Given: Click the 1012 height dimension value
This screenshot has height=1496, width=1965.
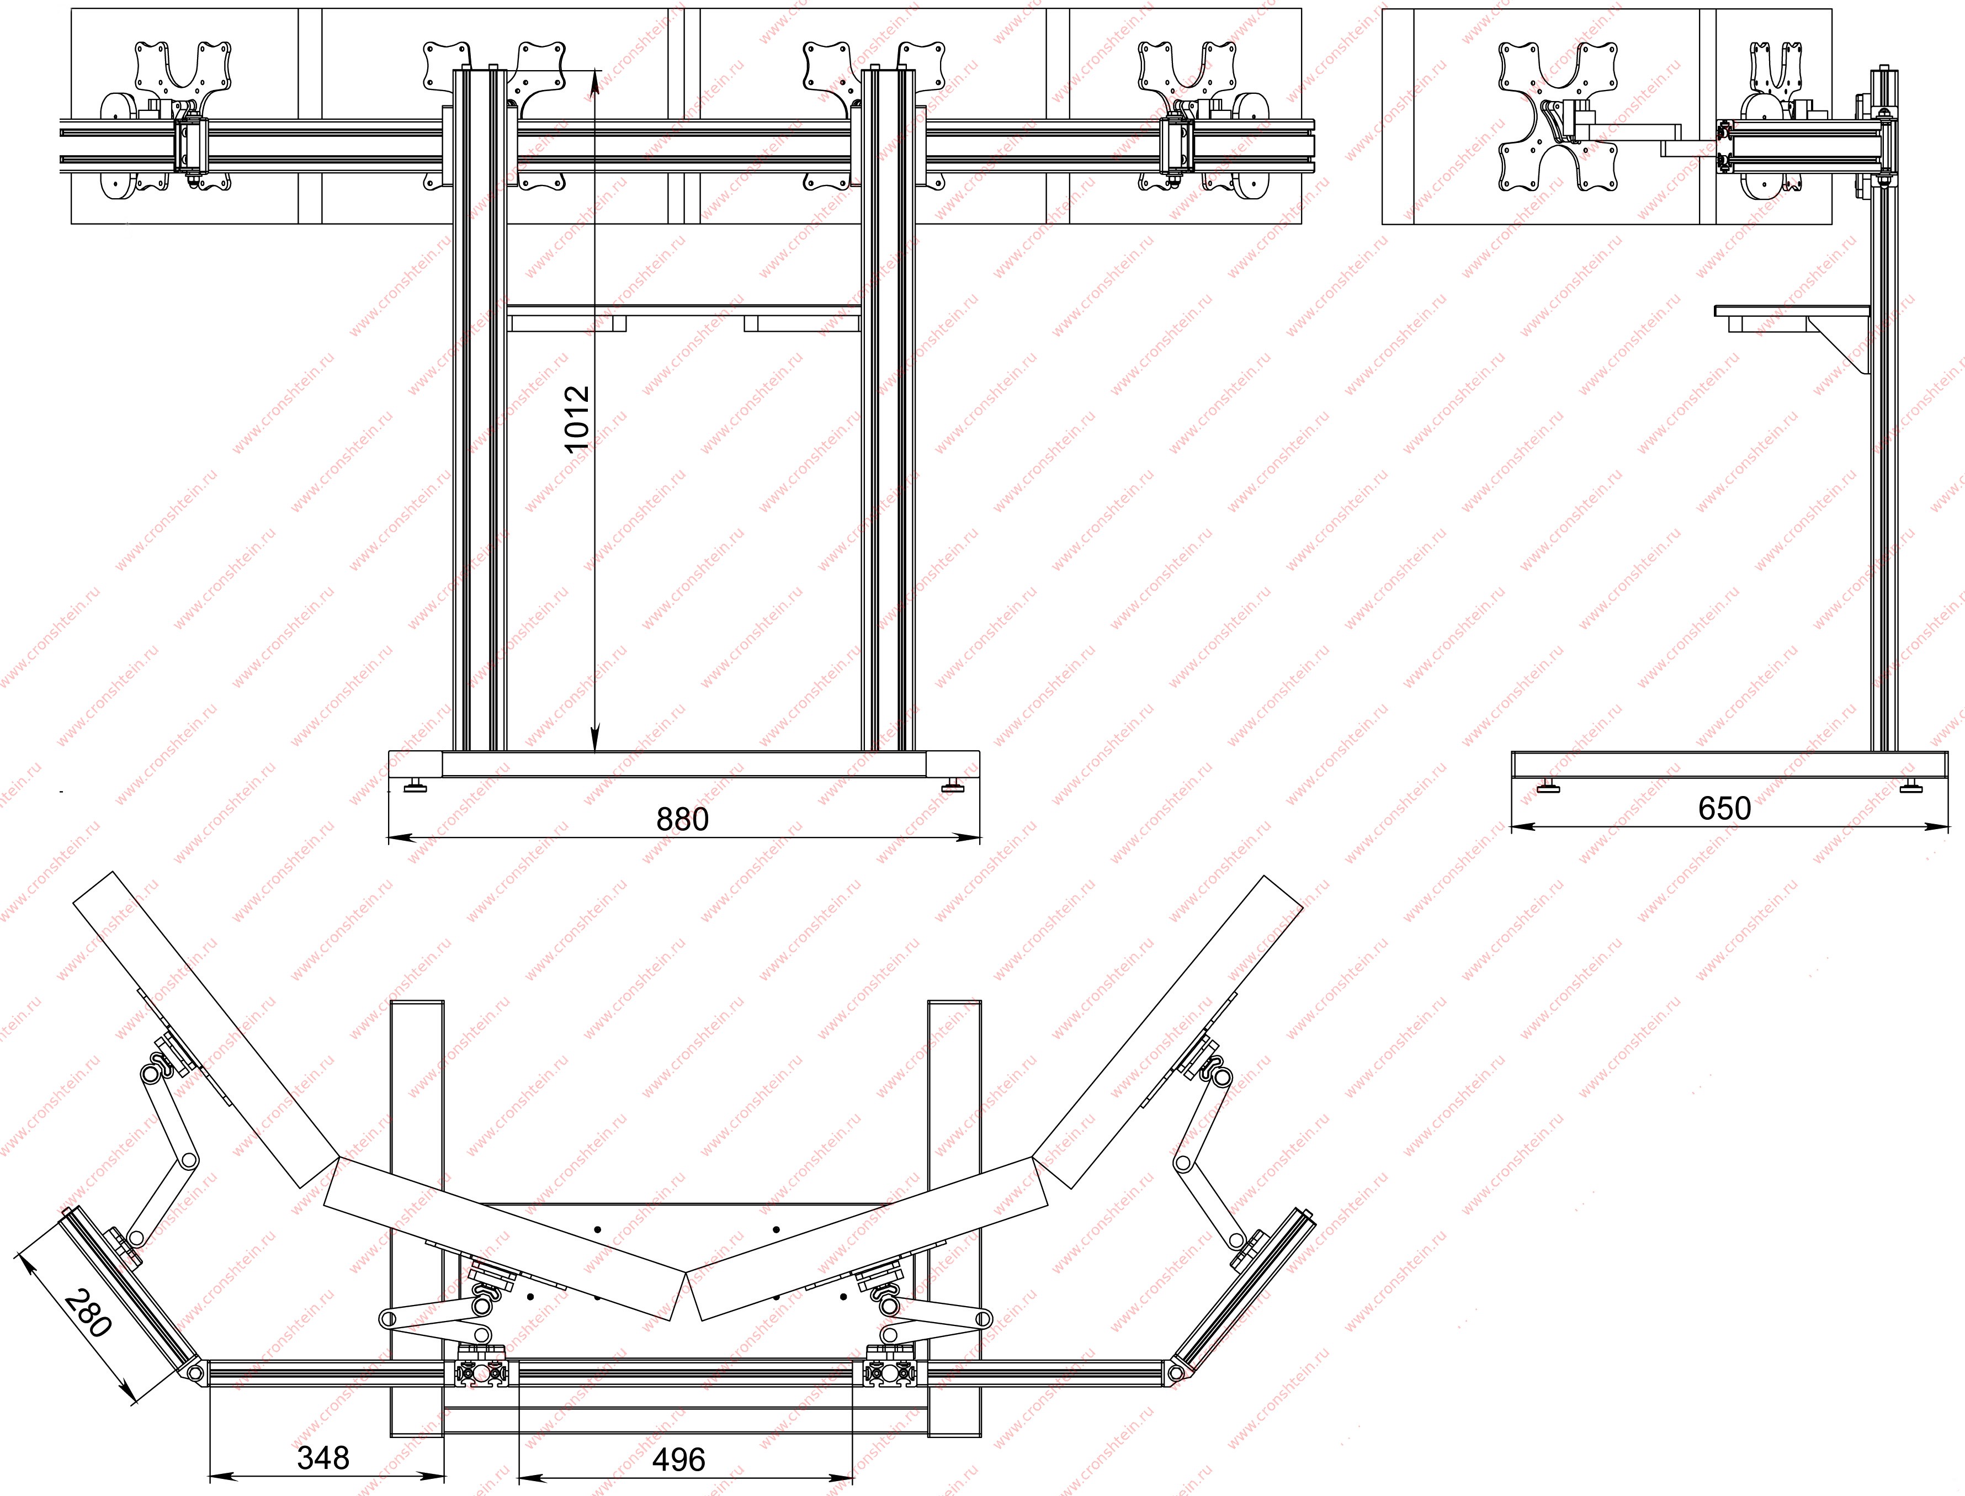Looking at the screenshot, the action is pyautogui.click(x=578, y=420).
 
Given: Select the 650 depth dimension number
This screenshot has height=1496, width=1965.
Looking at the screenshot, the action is pyautogui.click(x=1724, y=808).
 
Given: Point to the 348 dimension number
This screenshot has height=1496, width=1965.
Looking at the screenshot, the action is pyautogui.click(x=323, y=1458).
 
